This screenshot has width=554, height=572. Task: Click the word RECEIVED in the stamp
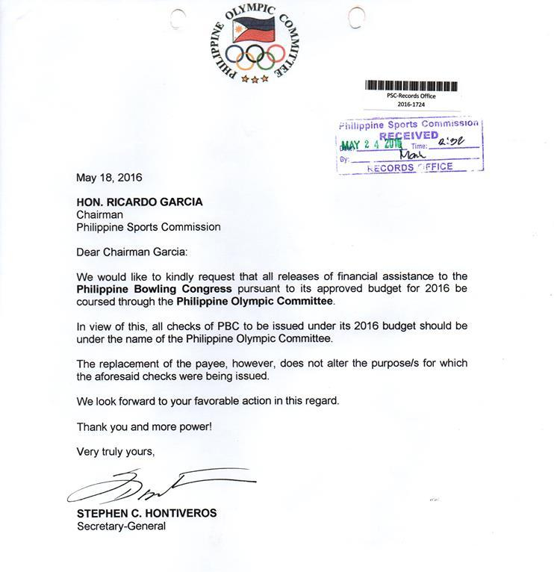click(408, 136)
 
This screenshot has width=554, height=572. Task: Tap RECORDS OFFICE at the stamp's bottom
click(410, 167)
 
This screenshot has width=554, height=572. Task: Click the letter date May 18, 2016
click(109, 178)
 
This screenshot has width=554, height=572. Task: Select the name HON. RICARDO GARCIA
click(138, 202)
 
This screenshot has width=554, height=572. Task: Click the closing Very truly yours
click(116, 452)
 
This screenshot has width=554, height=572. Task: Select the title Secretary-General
click(121, 526)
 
